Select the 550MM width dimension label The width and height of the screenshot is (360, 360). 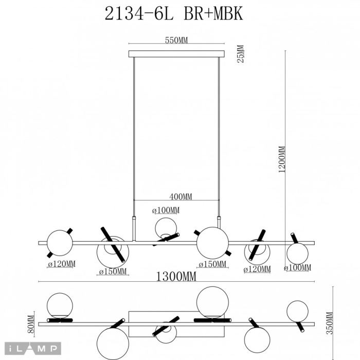coord(176,41)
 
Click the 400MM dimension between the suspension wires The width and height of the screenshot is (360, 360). coord(181,196)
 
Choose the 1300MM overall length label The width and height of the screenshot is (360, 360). coord(176,277)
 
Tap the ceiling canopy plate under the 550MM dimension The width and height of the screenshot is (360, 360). coord(176,53)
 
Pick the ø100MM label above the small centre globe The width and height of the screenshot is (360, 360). coord(166,210)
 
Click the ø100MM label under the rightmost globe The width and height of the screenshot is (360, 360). coord(298,267)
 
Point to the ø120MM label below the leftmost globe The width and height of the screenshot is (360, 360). coord(62,264)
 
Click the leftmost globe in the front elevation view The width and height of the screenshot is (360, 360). coord(60,243)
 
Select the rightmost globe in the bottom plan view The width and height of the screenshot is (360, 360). coord(297,312)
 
